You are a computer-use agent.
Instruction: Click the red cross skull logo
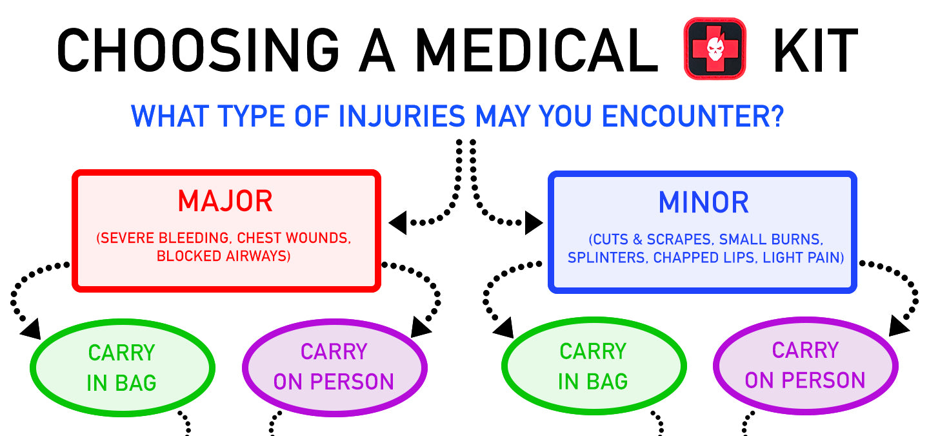coord(715,48)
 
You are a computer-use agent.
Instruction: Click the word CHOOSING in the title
coord(198,50)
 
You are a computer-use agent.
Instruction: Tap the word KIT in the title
coord(815,50)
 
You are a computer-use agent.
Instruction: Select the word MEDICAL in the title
coord(537,50)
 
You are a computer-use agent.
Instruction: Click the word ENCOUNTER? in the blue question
coord(693,116)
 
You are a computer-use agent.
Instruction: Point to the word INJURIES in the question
coord(401,116)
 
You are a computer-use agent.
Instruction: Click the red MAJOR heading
coord(225,201)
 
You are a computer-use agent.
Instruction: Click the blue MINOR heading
coord(704,202)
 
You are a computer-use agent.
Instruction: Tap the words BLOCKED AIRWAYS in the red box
coord(223,256)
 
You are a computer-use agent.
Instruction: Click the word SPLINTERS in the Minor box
coord(606,258)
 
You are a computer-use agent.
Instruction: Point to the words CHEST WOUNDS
coord(294,238)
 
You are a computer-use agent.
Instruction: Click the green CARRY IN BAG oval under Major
coord(123,368)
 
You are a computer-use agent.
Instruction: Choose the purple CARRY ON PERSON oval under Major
coord(334,368)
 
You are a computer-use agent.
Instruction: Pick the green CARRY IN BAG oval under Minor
coord(594,366)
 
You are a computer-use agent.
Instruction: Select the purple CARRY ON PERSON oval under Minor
coord(805,366)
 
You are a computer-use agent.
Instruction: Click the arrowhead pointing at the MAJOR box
coord(398,223)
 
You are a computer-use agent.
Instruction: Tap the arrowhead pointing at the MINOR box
coord(534,223)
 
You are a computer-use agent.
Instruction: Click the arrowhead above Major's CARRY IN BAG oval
coord(31,329)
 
